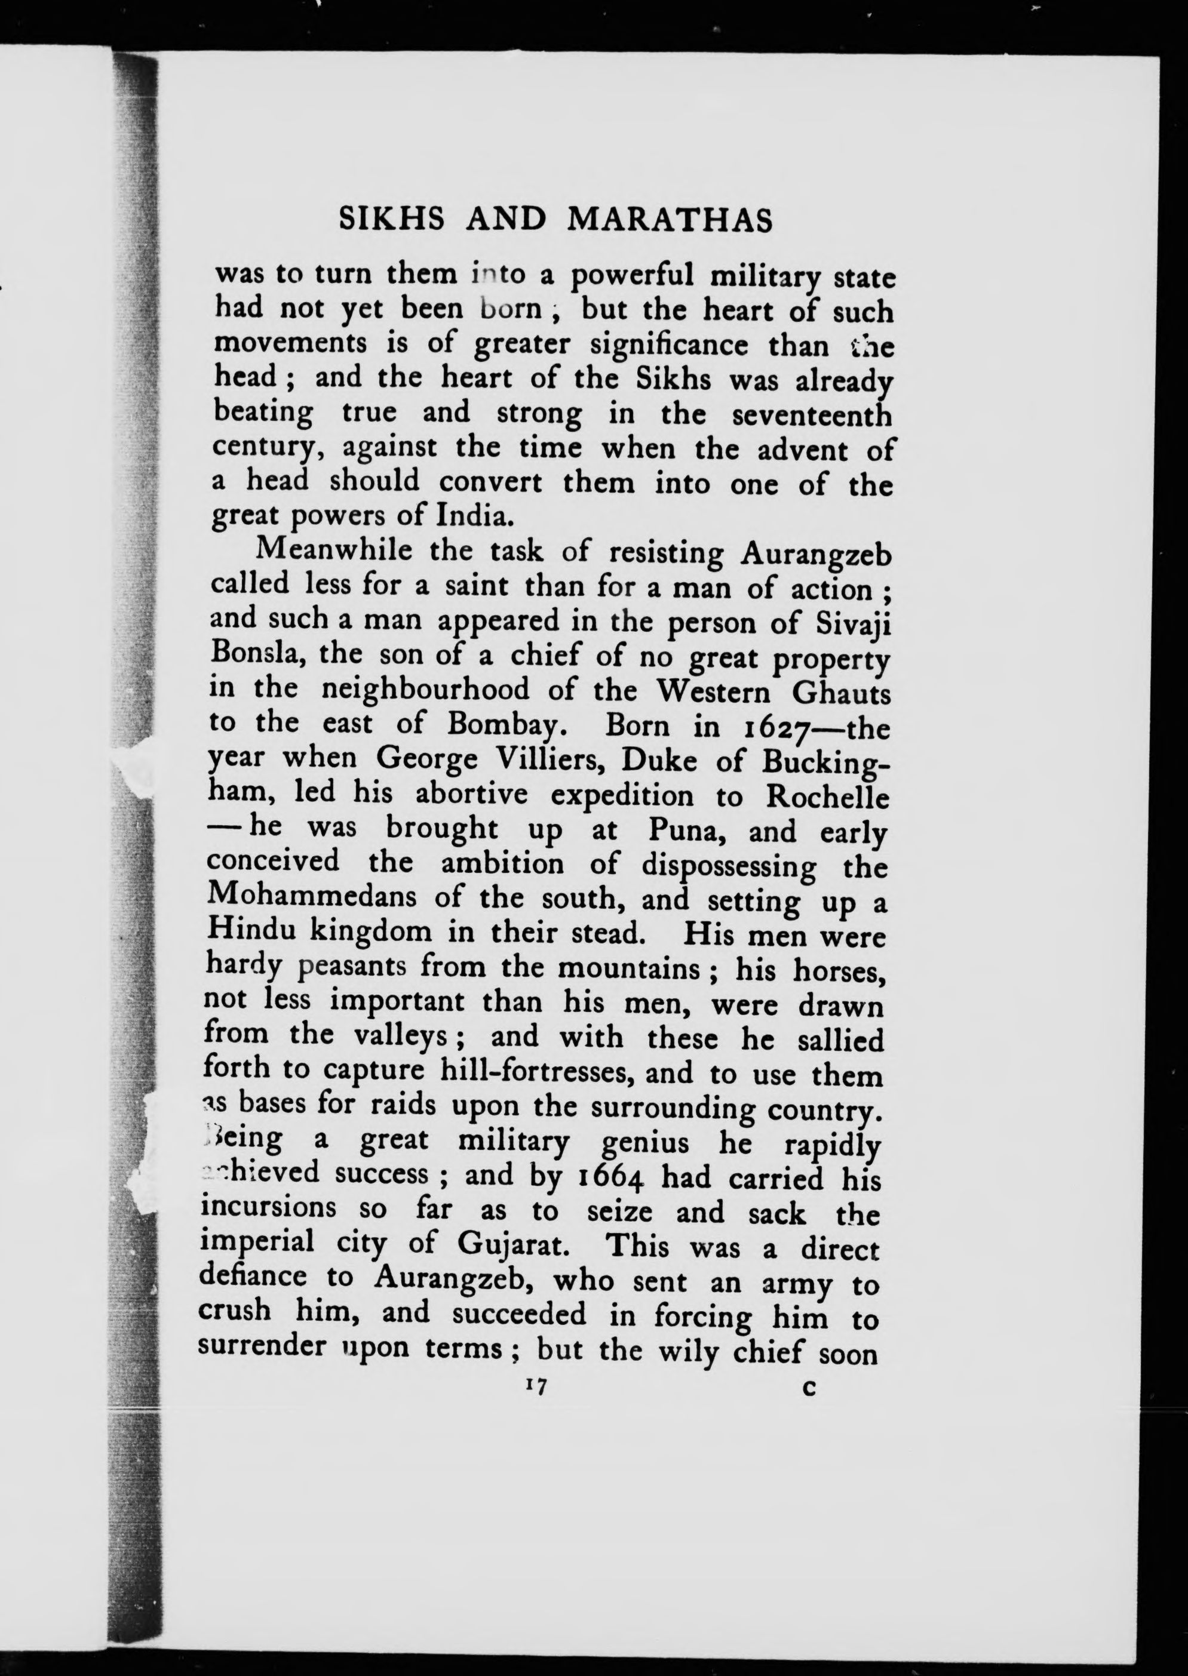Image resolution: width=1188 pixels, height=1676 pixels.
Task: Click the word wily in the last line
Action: [684, 1350]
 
